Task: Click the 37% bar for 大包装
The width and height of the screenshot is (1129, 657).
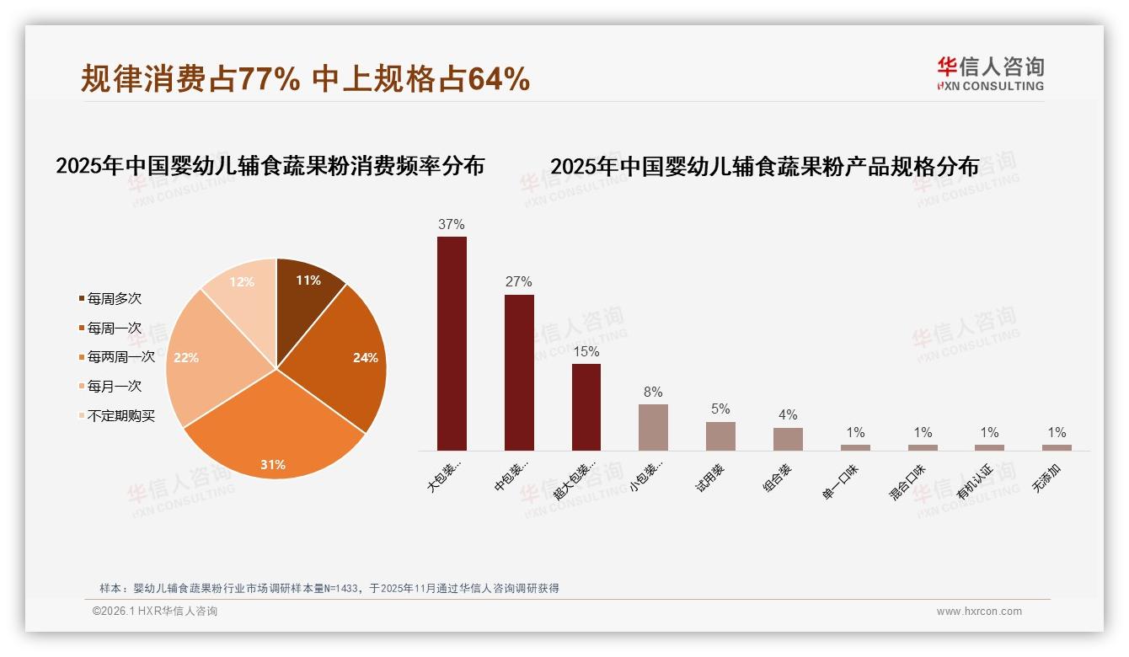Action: click(x=452, y=344)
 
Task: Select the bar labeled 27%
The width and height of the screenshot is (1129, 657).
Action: click(x=519, y=372)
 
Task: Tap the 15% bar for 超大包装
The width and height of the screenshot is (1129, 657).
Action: click(x=586, y=407)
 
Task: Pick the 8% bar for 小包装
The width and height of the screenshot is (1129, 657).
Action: click(x=653, y=427)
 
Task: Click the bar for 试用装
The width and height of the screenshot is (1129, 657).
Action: click(x=720, y=436)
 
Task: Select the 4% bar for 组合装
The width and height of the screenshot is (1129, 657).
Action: click(x=788, y=439)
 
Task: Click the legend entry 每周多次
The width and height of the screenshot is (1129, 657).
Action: click(x=114, y=299)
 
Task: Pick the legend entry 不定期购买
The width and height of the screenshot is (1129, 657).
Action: click(x=120, y=416)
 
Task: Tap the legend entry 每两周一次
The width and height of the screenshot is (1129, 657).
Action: click(x=120, y=357)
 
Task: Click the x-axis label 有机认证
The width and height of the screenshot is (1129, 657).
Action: click(x=976, y=481)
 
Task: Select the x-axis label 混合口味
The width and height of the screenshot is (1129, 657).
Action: click(x=908, y=481)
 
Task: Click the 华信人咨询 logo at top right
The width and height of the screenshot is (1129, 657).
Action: click(x=990, y=74)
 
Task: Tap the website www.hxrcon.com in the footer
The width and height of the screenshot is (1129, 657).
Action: click(x=979, y=612)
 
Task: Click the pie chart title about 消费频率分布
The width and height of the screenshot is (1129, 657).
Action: click(x=270, y=166)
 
